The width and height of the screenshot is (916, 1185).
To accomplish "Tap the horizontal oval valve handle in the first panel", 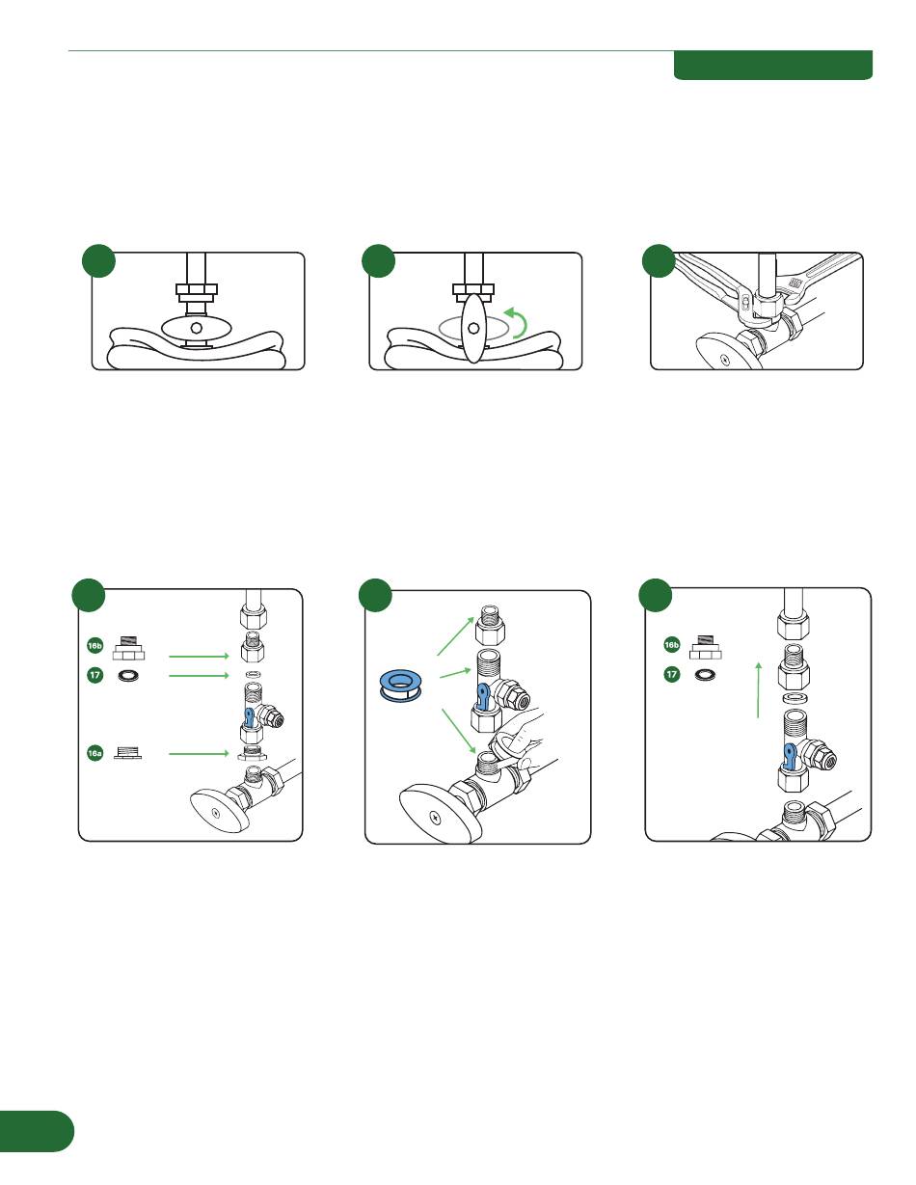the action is click(x=196, y=329).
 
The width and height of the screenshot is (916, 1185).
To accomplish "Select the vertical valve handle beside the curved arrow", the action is click(x=472, y=329).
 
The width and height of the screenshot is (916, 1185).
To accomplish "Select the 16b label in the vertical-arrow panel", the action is click(x=672, y=644).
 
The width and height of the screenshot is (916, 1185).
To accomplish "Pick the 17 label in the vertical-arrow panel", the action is click(x=672, y=675).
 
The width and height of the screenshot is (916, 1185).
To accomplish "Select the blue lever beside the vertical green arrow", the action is click(x=789, y=754).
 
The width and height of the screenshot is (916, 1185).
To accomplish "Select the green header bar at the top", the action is click(x=772, y=65).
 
